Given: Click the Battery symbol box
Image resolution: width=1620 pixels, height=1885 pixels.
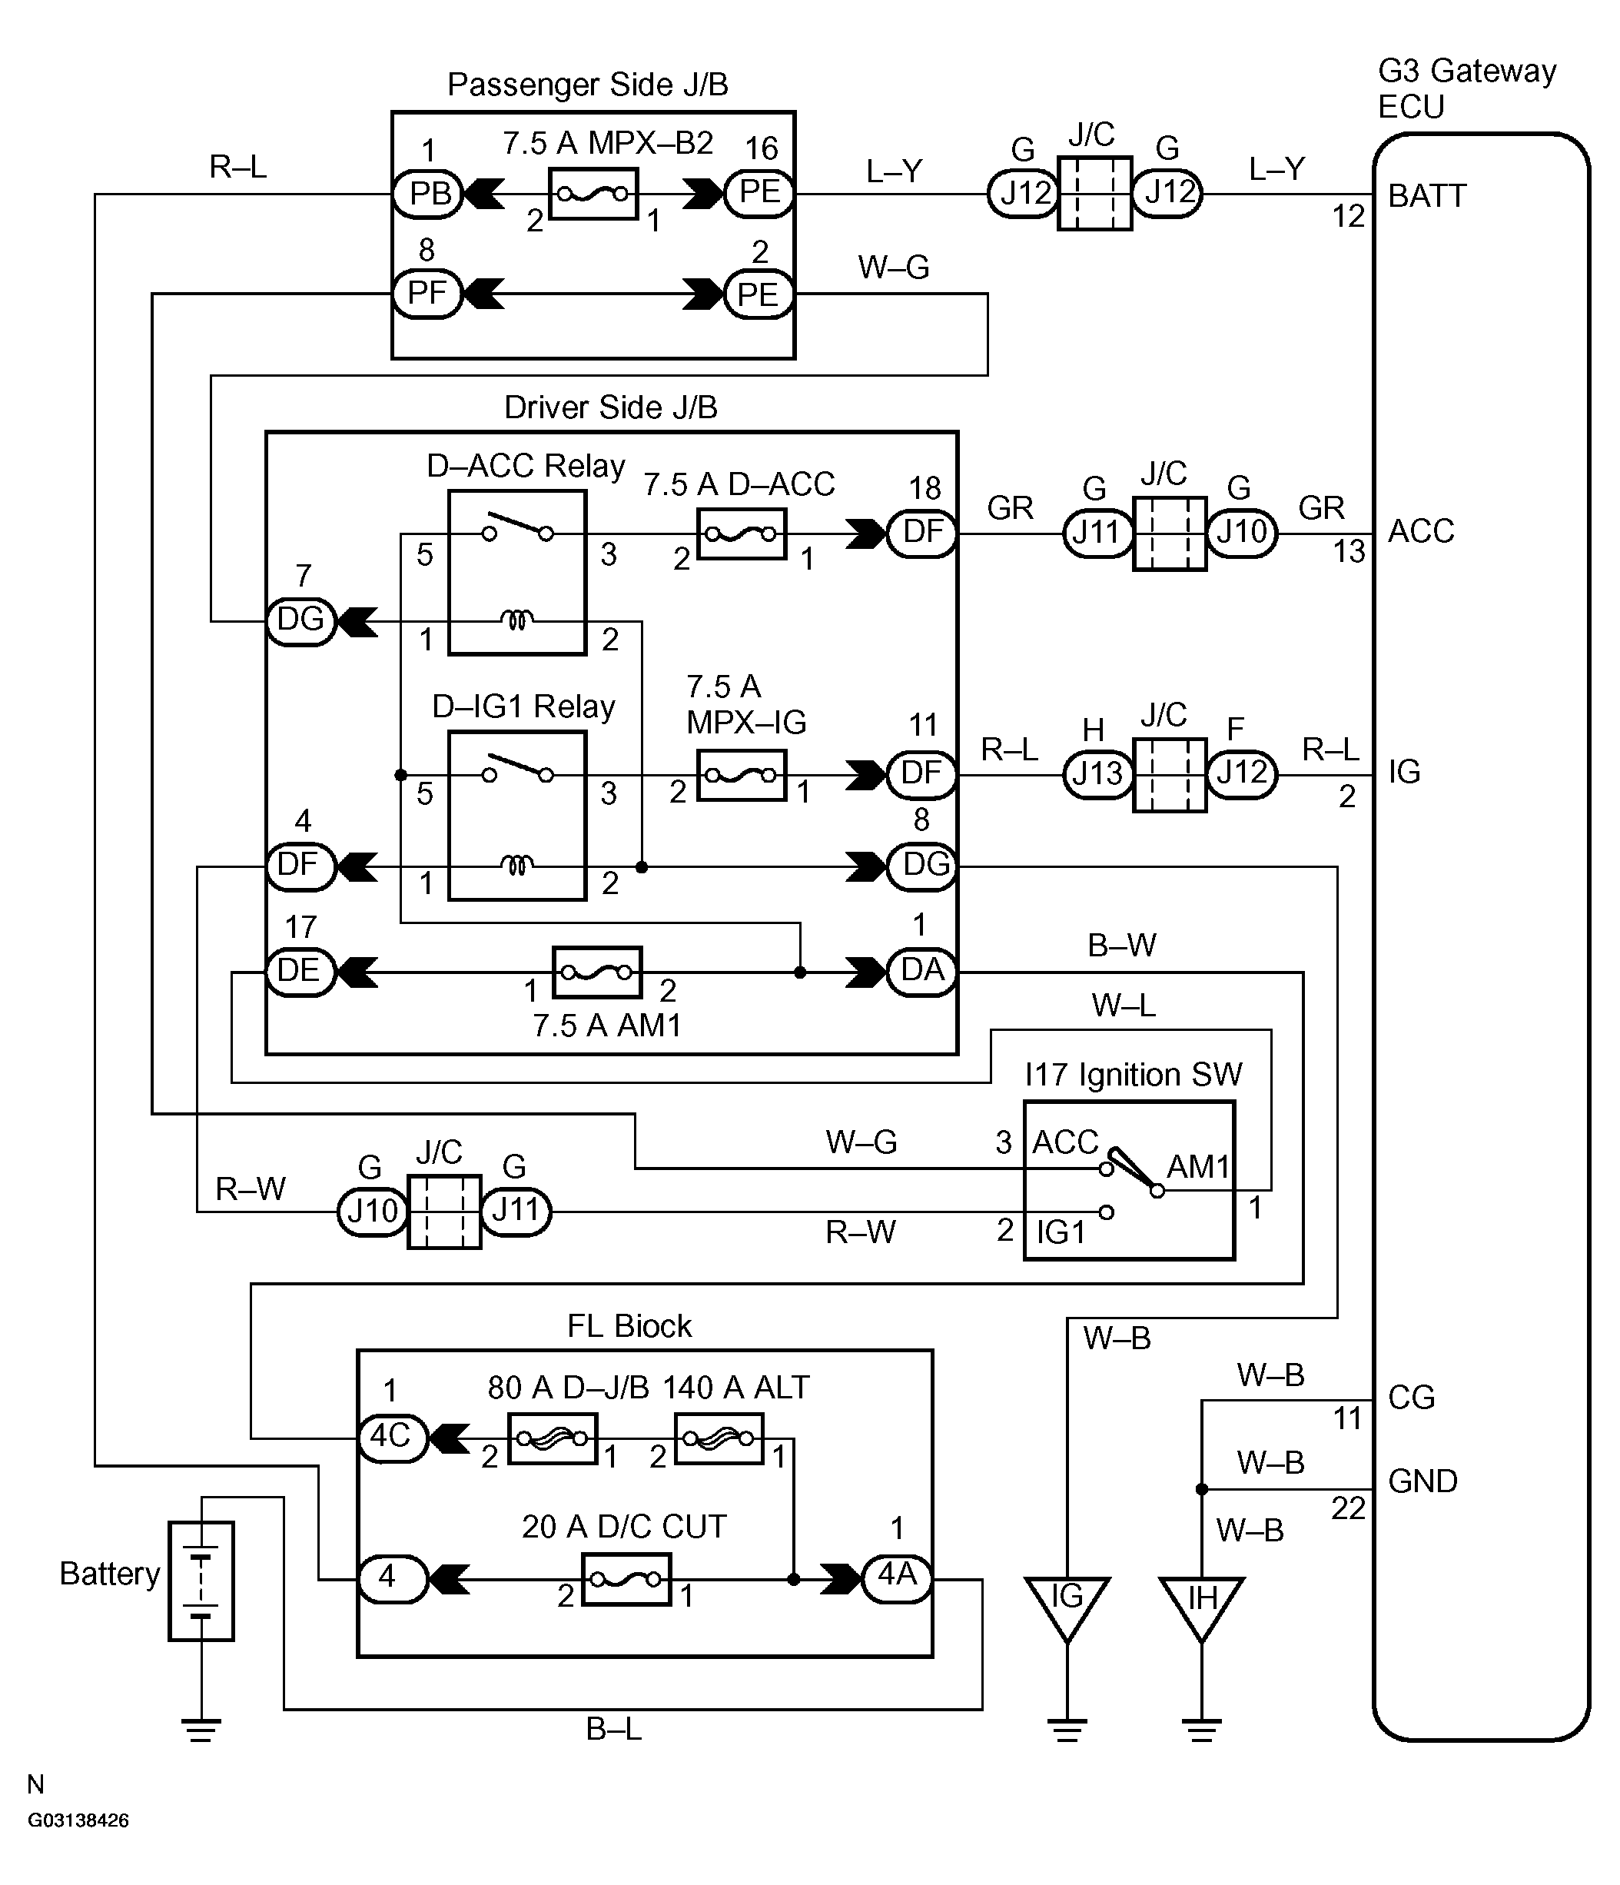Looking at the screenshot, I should click(x=201, y=1581).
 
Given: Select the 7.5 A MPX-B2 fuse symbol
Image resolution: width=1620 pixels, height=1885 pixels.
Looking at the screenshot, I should click(x=593, y=194).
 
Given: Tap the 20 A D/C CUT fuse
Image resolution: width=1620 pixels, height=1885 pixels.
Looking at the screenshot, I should click(x=626, y=1579).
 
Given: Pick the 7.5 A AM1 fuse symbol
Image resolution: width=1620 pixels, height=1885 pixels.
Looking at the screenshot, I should click(x=596, y=972).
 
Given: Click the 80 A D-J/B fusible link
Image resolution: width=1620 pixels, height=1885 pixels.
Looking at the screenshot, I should click(x=552, y=1438).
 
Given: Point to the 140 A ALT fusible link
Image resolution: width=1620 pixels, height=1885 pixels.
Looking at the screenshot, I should click(x=719, y=1438).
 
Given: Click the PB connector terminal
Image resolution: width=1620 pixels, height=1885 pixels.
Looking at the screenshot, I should click(x=428, y=194).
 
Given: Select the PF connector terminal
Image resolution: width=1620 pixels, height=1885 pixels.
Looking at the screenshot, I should click(x=427, y=293).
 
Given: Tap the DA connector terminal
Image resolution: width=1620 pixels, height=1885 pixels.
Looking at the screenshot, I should click(x=921, y=971).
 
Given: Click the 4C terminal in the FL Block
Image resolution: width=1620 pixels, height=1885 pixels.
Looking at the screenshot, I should click(x=392, y=1438).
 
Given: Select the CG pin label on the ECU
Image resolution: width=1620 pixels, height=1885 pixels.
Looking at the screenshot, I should click(x=1411, y=1397).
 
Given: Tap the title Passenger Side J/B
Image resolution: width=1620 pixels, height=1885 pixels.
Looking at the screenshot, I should click(x=588, y=85).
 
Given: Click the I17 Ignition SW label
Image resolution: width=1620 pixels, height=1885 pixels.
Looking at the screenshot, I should click(x=1133, y=1075).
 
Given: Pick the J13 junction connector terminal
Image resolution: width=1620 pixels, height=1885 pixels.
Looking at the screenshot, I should click(x=1098, y=773).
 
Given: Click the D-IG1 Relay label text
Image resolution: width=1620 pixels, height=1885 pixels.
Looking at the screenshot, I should click(x=523, y=706).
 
